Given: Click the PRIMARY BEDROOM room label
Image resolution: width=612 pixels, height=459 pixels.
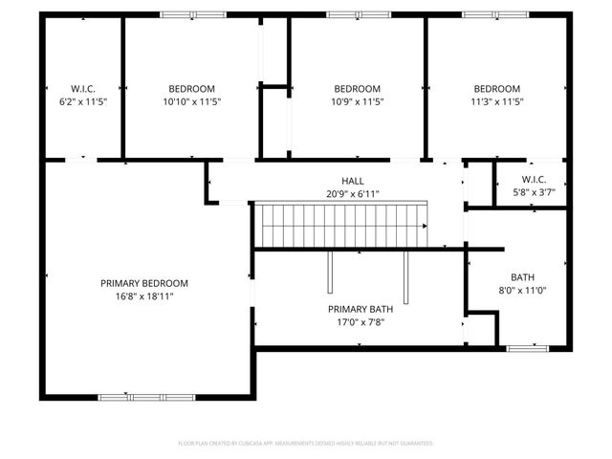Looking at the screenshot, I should point(144,283).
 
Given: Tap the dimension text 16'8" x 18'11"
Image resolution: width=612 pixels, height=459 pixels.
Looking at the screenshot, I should point(144,296).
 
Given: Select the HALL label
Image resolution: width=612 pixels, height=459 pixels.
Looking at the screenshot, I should point(353,181).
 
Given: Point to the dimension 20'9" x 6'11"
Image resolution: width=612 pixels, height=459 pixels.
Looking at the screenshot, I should point(353,193).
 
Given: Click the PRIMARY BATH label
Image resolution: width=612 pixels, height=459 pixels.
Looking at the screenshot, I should point(361,309).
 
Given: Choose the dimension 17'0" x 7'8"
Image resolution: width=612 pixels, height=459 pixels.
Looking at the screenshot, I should point(361,322).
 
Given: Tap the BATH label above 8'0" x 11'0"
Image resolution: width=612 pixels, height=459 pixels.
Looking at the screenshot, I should point(522,277).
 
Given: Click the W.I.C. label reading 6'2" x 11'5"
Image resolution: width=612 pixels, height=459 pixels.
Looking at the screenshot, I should point(83,88).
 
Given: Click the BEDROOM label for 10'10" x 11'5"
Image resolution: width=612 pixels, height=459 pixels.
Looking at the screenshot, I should point(191,88).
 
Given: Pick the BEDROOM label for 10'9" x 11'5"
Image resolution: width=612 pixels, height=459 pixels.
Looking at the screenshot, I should point(357,88).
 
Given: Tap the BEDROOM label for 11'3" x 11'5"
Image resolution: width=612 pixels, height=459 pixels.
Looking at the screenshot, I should point(497,88).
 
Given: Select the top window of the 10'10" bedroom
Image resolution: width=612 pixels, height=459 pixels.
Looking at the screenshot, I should point(193,14).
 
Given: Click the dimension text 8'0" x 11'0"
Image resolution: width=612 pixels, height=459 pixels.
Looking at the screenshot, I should point(522,291).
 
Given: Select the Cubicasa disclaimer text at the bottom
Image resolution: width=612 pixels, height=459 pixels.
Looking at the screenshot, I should point(306,444).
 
